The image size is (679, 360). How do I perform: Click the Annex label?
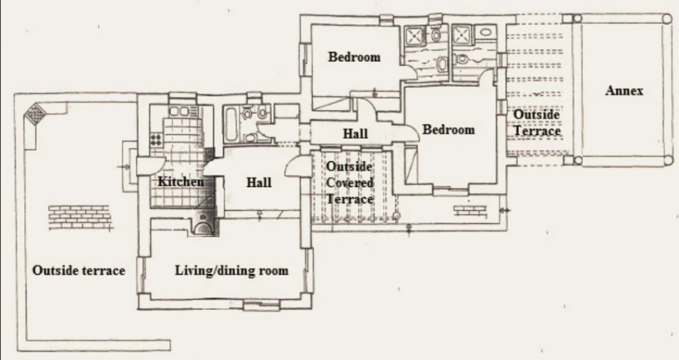[x=624, y=91]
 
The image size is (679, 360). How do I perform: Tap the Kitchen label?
[x=181, y=181]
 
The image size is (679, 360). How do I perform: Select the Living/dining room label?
[x=232, y=271]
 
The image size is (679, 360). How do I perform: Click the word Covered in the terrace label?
[x=349, y=183]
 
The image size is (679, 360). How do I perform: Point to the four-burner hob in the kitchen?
[x=156, y=139]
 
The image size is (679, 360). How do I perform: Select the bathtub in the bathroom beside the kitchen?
[x=230, y=125]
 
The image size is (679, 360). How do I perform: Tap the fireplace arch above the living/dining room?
[x=202, y=226]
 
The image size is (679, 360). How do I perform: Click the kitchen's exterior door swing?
[x=151, y=166]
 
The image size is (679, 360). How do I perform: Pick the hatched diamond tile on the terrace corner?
[x=34, y=113]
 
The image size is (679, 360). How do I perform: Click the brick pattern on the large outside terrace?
[x=79, y=217]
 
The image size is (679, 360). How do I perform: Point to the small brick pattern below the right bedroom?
[x=470, y=211]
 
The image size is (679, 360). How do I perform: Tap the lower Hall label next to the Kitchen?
[x=259, y=183]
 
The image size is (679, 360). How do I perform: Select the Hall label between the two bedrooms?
[x=356, y=134]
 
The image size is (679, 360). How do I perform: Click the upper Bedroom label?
[x=354, y=57]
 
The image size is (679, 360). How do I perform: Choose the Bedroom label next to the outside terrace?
[x=448, y=129]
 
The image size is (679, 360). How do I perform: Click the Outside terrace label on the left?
[x=79, y=270]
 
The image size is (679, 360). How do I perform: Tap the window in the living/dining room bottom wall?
[x=261, y=306]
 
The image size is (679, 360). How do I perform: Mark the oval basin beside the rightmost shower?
[x=487, y=31]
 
